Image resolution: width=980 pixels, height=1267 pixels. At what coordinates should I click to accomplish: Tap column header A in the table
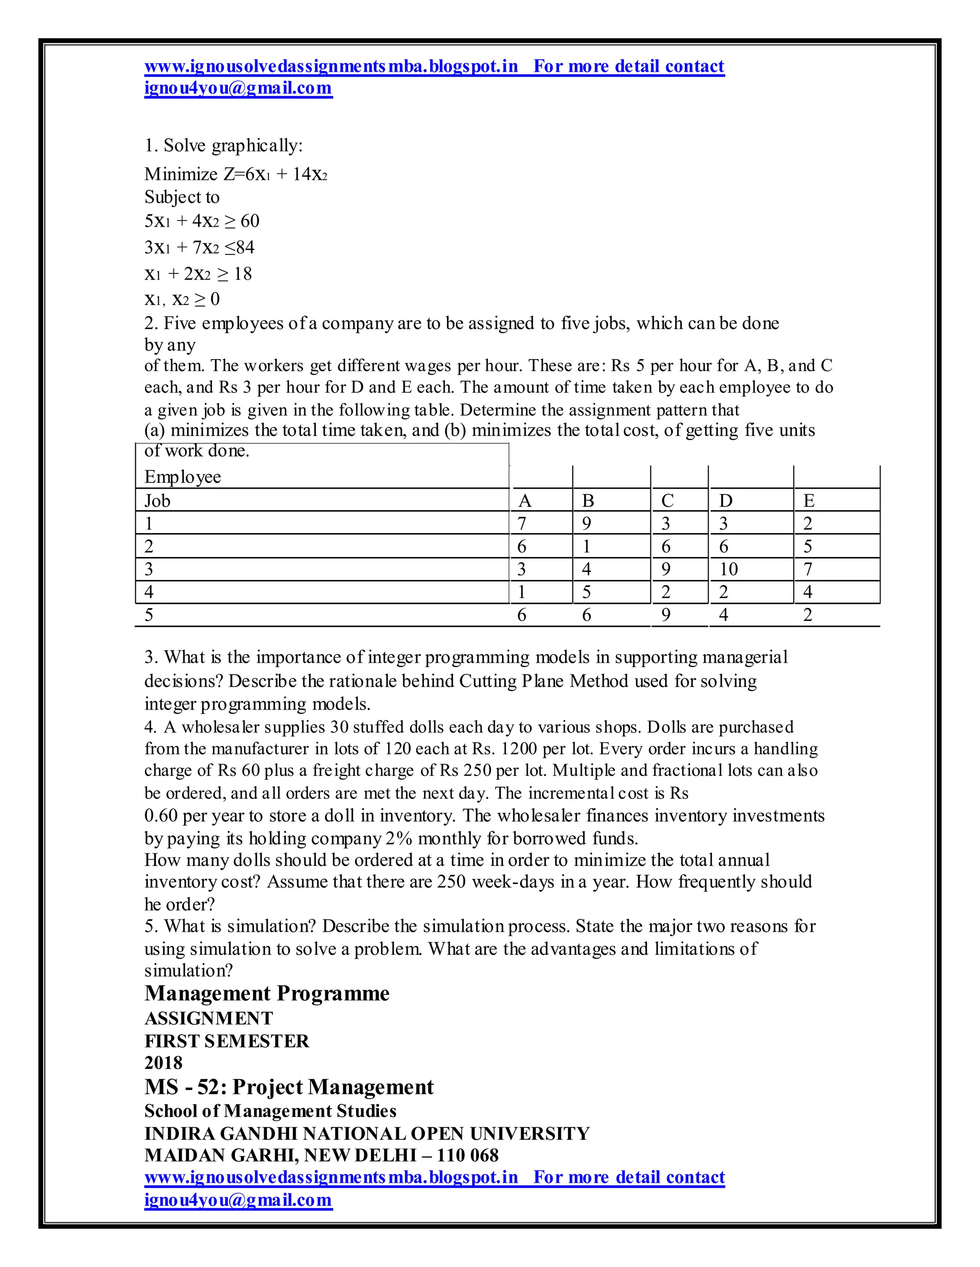524,501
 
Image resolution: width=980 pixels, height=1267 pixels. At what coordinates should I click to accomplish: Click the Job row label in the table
157,501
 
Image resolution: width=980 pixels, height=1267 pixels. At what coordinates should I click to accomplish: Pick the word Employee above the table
182,477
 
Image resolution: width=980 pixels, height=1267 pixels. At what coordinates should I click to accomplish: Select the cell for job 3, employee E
808,569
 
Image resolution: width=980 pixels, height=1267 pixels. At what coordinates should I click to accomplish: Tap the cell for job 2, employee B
586,546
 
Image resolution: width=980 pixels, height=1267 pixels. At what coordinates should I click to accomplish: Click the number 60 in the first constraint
250,221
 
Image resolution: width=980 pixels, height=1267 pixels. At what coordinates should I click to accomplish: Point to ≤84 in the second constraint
239,248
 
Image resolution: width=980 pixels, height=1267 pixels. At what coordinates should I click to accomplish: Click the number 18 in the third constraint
242,274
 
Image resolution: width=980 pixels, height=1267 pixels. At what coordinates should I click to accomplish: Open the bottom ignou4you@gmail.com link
238,1200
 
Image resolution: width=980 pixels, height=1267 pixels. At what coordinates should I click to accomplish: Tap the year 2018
163,1063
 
